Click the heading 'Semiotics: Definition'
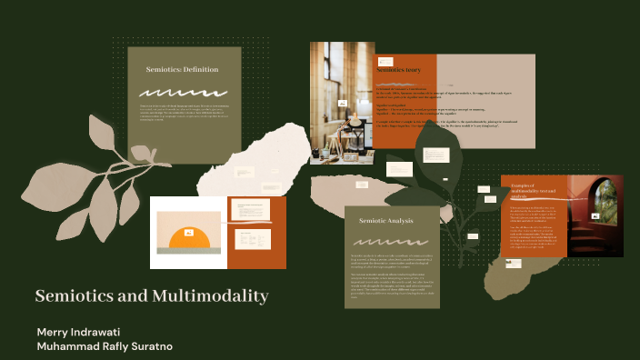click(182, 69)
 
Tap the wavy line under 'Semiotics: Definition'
click(183, 93)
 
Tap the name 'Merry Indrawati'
click(80, 332)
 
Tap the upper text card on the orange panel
click(249, 210)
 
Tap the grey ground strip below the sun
click(190, 251)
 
